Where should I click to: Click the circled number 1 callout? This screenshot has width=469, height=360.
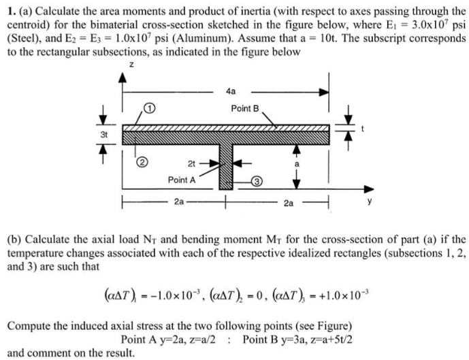click(150, 108)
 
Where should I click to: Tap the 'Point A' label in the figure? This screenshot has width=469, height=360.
click(182, 180)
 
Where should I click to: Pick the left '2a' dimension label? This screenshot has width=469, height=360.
click(179, 202)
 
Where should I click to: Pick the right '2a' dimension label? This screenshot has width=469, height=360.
click(291, 202)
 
